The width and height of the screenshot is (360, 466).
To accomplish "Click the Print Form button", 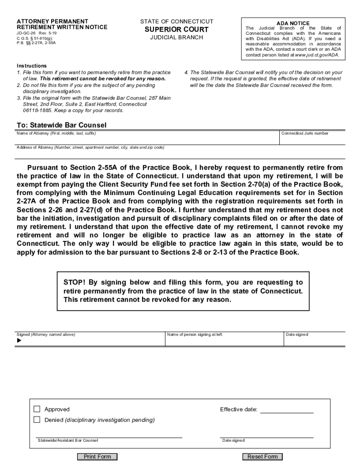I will click(x=97, y=457).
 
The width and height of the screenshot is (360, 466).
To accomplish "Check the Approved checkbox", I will click(x=37, y=409).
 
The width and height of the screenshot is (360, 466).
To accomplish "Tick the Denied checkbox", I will click(x=37, y=420).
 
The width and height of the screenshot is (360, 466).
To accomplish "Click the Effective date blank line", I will click(x=287, y=410).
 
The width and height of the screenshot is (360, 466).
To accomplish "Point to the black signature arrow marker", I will click(x=19, y=340).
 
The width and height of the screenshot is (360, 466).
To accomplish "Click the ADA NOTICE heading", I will click(x=293, y=23).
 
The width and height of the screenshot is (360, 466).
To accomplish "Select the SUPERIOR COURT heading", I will click(x=177, y=30).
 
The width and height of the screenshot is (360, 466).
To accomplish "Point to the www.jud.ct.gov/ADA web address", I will click(x=316, y=55).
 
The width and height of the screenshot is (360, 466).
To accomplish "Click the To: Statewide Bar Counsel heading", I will click(x=62, y=125).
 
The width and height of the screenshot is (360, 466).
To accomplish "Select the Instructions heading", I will click(x=32, y=66).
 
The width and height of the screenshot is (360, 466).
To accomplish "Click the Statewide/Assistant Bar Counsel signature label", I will click(x=68, y=440).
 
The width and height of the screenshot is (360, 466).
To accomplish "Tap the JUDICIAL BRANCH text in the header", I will click(x=177, y=37).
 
